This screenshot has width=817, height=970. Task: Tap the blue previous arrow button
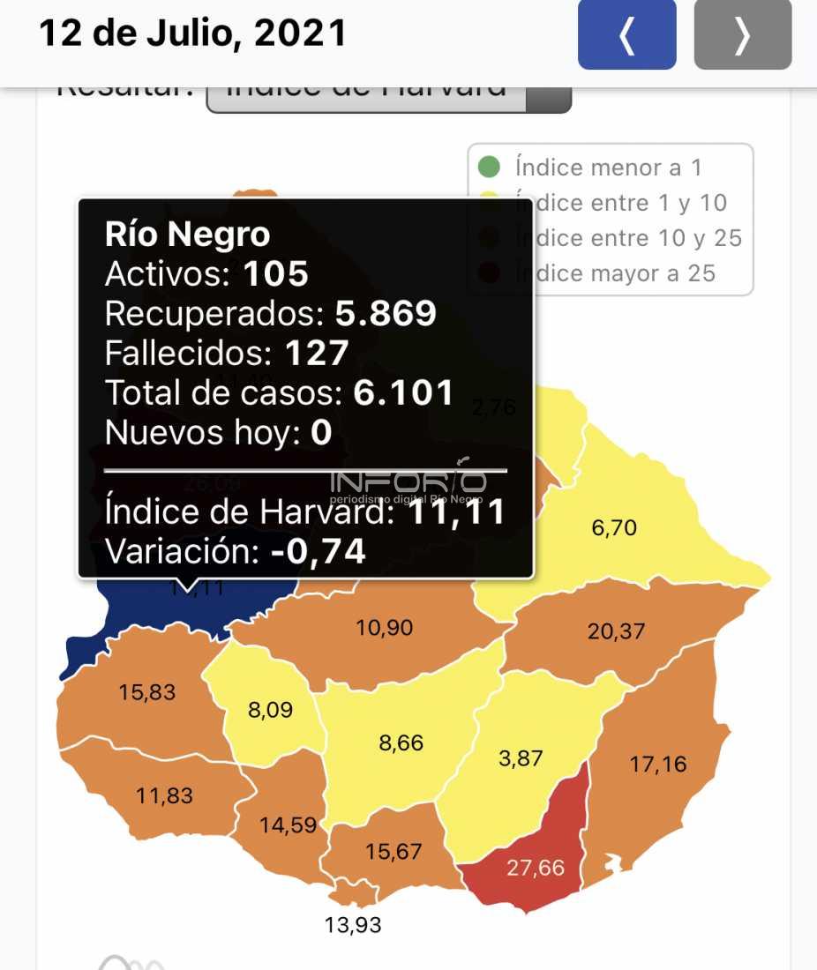pos(626,35)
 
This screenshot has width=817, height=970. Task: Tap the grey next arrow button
pos(742,35)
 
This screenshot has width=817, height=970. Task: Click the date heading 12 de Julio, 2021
pos(193,34)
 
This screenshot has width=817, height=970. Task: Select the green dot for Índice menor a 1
pos(488,167)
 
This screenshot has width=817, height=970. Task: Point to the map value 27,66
pos(535,868)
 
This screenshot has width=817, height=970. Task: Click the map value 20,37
pos(616,631)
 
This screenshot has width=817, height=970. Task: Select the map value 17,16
pos(657,764)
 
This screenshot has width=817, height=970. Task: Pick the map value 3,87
pos(521,757)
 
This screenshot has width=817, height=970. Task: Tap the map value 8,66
pos(401,743)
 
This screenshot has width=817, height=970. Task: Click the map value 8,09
pos(270,710)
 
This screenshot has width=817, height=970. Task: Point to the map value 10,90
pos(385,628)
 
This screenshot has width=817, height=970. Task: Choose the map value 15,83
pos(147,692)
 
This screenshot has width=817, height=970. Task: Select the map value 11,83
pos(164,795)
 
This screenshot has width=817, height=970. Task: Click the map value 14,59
pos(288,826)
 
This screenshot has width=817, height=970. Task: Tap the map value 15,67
pos(394,852)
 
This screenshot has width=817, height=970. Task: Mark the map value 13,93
pos(353,925)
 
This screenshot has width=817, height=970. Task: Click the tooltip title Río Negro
pos(187,235)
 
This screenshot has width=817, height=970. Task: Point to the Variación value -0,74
pos(319,551)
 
